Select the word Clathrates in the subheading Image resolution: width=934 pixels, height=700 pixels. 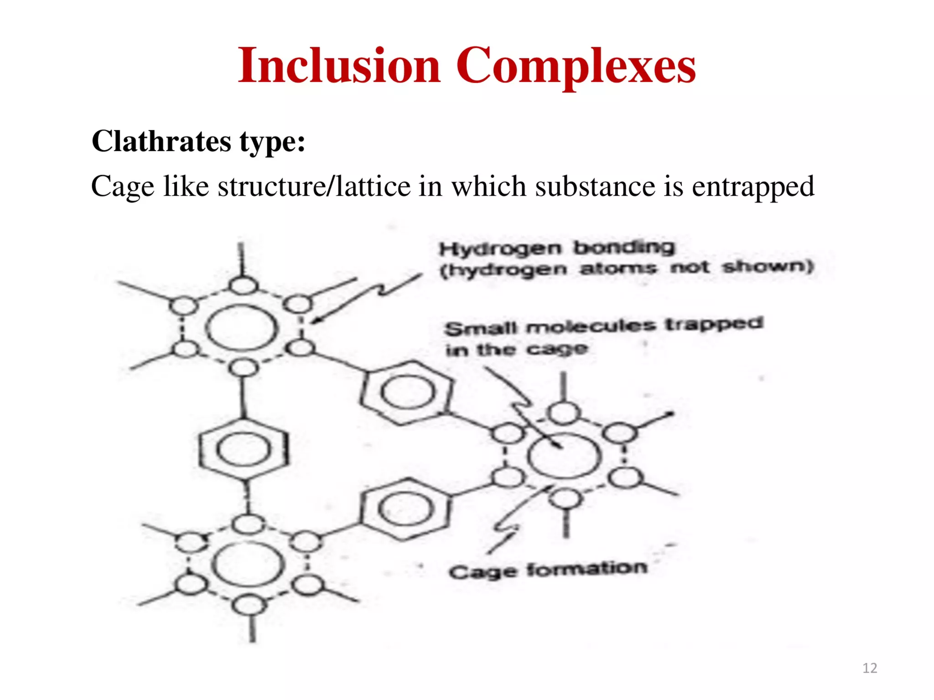pos(161,141)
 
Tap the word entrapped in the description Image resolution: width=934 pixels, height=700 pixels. pos(752,187)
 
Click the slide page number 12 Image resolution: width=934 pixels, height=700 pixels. pos(870,668)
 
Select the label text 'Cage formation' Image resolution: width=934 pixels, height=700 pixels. pos(548,570)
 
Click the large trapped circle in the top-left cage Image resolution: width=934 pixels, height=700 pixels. pos(242,328)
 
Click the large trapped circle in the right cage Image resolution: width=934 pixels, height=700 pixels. pos(564,456)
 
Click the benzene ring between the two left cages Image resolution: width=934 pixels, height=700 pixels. pos(244,450)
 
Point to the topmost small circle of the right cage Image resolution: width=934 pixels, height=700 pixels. pos(564,413)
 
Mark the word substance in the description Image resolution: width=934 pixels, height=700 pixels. pos(595,187)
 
